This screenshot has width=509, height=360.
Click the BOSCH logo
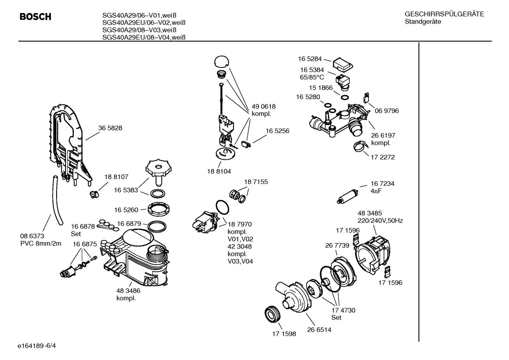(35, 17)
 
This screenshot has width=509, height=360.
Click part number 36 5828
(110, 128)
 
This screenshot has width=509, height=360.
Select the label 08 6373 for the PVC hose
(32, 236)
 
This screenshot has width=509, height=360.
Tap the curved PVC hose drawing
(56, 200)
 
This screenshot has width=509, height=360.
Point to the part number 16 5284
(310, 59)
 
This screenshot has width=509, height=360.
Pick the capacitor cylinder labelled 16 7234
(347, 196)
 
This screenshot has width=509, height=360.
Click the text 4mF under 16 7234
(376, 191)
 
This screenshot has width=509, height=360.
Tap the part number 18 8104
(219, 171)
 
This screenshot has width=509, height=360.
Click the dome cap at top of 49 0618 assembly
(222, 61)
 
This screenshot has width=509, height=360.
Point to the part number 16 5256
(277, 131)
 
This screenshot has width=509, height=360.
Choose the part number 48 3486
(128, 291)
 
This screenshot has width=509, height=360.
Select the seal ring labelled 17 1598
(273, 314)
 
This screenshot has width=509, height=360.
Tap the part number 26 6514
(319, 330)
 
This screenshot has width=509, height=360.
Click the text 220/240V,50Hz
(380, 221)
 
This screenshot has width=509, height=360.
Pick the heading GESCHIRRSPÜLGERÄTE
(444, 14)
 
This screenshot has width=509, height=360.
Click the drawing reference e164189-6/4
(37, 346)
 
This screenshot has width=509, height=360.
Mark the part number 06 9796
(387, 111)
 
